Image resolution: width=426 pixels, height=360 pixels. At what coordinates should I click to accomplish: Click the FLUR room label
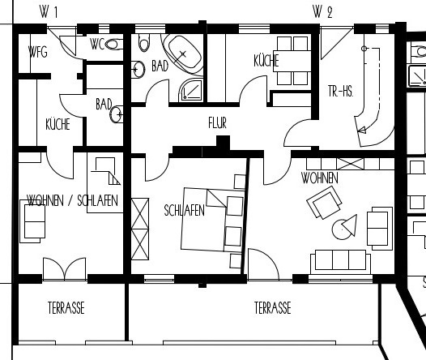tap(217, 123)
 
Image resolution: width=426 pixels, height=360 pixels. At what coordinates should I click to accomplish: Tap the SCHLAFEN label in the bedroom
tap(184, 210)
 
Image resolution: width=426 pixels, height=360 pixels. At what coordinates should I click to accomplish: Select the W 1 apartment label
tap(49, 12)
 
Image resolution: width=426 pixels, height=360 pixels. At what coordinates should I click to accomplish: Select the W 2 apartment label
tap(322, 12)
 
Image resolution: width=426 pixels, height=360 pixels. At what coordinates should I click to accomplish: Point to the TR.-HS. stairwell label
tap(341, 91)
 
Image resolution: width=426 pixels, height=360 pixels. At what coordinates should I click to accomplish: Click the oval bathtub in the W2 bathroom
tap(185, 54)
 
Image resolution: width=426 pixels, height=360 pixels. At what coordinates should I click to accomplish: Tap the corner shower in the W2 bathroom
tap(191, 90)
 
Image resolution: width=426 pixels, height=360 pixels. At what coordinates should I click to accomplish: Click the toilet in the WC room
tap(114, 44)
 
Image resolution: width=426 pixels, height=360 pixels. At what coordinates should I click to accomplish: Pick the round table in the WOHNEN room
tap(342, 229)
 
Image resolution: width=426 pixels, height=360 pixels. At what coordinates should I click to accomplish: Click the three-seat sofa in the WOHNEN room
tap(341, 262)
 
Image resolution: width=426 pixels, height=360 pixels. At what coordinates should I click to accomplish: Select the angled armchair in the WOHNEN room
tap(324, 202)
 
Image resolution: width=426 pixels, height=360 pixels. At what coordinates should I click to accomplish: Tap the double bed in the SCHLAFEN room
tap(212, 219)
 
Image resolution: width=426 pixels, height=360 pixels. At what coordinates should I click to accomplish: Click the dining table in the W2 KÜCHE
tap(292, 61)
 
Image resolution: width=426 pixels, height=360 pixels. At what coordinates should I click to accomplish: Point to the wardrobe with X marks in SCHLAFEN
tap(140, 229)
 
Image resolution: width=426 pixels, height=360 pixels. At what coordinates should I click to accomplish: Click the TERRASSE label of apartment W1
tap(66, 308)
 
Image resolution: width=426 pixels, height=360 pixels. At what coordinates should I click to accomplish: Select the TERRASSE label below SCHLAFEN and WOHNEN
tap(272, 308)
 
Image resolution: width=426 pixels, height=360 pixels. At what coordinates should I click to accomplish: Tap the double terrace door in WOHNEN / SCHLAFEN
tap(65, 268)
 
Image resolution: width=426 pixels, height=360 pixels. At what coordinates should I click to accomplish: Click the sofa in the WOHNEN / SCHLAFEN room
tap(32, 221)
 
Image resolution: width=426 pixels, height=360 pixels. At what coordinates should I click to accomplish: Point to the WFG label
tap(38, 52)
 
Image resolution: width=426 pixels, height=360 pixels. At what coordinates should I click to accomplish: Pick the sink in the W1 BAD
tap(117, 114)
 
